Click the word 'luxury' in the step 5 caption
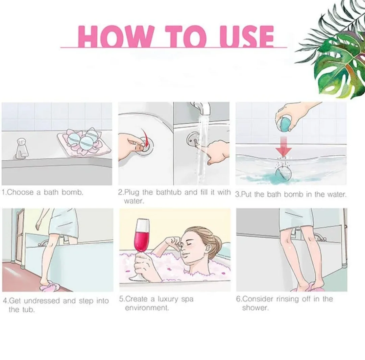point(168,299)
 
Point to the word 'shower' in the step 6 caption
point(255,308)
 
